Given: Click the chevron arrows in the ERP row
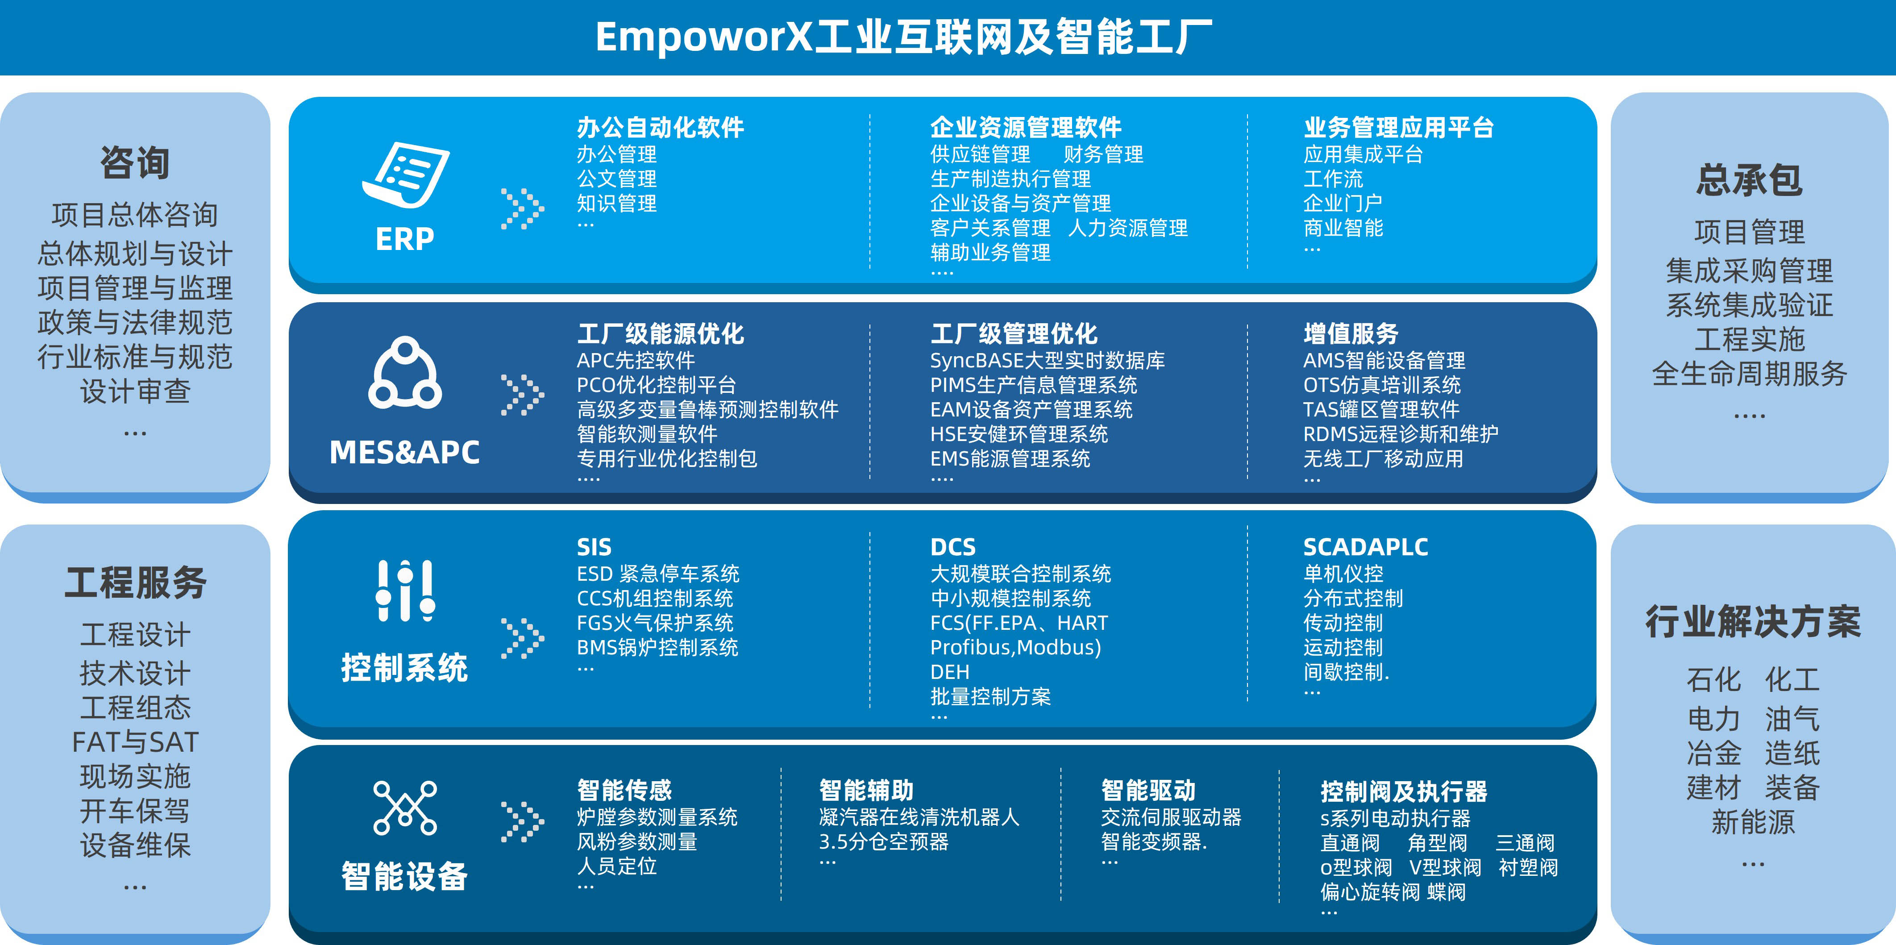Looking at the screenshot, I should (x=522, y=209).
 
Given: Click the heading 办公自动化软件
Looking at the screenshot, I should (x=660, y=128).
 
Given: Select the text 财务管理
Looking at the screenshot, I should (x=1102, y=154).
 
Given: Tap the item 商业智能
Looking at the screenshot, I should (x=1343, y=228).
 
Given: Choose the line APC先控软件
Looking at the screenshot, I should (x=635, y=361).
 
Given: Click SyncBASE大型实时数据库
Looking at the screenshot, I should (x=1047, y=361).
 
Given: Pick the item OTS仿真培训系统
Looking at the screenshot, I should (x=1381, y=385).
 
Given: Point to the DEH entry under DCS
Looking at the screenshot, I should (x=949, y=672).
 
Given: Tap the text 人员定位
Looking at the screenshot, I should (x=617, y=866).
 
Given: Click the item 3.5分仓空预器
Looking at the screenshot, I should (x=883, y=841).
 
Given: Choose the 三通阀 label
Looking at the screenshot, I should (x=1524, y=843).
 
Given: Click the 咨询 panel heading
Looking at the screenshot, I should (x=135, y=162).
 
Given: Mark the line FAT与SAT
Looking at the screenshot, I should (x=135, y=742).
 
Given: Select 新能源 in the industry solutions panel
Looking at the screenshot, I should (x=1752, y=822).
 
